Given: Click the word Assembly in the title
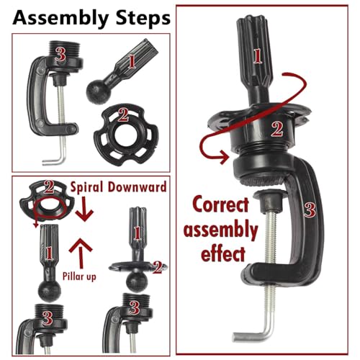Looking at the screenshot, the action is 60,18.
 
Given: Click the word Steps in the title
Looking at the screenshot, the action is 143,17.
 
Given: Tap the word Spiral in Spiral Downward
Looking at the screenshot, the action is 86,187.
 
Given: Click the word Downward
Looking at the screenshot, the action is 137,186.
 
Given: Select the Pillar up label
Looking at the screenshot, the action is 79,276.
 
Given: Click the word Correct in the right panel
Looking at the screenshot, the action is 220,204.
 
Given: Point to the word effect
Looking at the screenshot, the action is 223,253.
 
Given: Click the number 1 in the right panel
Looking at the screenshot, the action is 257,56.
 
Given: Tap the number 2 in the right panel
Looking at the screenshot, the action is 277,129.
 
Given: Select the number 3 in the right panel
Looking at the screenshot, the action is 310,210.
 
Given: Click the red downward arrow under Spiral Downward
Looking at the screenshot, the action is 84,209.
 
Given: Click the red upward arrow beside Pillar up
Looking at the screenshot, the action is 81,253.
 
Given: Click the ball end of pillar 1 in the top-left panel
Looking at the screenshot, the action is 97,93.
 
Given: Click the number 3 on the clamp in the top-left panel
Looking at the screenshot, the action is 60,53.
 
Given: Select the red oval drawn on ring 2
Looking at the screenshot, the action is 50,208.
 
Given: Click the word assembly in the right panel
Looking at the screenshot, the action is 220,230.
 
